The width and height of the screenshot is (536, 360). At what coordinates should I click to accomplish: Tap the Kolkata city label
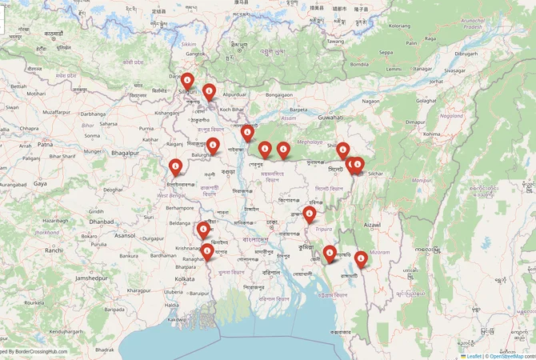click(x=184, y=278)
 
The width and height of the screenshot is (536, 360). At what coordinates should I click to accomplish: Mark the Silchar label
click(x=376, y=173)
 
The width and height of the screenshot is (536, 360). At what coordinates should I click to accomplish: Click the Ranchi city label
click(x=54, y=250)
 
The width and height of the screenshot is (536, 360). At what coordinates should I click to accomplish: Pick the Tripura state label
click(x=324, y=228)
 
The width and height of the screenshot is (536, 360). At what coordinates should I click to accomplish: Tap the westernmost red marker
click(x=176, y=166)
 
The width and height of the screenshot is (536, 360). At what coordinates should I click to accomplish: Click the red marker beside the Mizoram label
click(x=362, y=258)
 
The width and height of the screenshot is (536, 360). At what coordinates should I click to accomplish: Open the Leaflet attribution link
click(x=474, y=356)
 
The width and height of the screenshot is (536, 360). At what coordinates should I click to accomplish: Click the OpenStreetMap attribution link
click(x=512, y=356)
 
